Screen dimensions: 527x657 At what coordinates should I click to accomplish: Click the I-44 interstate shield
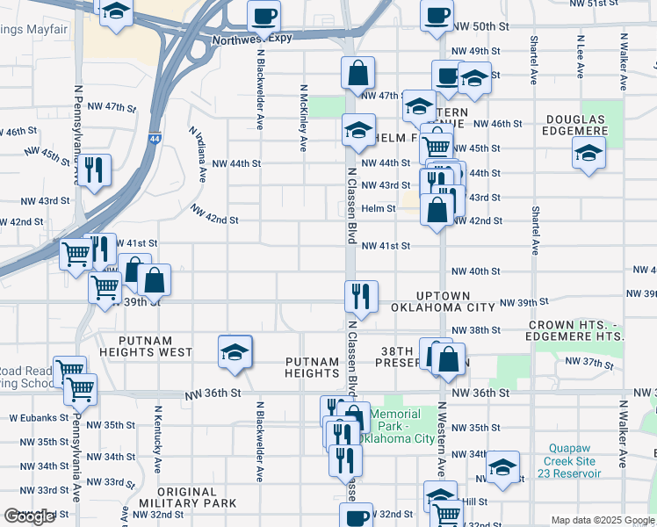(x=155, y=139)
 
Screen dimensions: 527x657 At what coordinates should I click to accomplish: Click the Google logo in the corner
(x=29, y=516)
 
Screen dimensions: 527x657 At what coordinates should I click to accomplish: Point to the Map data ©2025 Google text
(x=602, y=520)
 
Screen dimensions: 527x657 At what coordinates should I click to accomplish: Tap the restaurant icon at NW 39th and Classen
(x=360, y=296)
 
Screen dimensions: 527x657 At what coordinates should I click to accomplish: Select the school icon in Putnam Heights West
(x=235, y=351)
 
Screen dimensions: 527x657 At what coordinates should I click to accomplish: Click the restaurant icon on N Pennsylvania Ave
(x=91, y=169)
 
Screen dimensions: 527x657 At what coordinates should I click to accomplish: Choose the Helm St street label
(x=379, y=208)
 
